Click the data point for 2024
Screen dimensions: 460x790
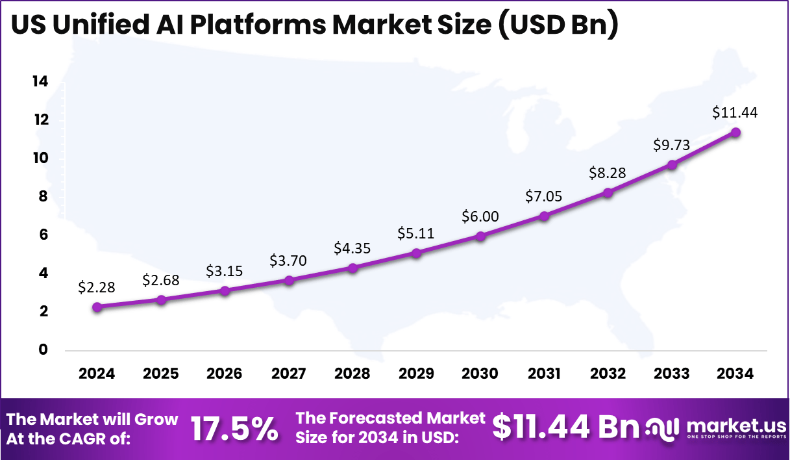[x=97, y=307]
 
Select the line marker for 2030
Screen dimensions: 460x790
[x=480, y=236]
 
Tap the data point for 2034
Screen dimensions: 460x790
[x=735, y=133]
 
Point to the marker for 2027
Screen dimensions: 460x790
[x=289, y=280]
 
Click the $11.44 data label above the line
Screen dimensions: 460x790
[x=735, y=112]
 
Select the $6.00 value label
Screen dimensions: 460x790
[x=480, y=216]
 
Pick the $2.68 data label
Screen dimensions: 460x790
[x=160, y=281]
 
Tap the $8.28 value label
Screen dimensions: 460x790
[x=608, y=173]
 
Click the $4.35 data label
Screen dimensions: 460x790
[x=352, y=248]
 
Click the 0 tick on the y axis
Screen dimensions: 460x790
[x=43, y=350]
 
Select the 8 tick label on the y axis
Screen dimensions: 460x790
[x=43, y=197]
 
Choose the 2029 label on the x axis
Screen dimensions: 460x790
[x=416, y=374]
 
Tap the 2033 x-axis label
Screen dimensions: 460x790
[x=672, y=374]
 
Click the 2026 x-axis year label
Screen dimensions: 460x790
[x=225, y=374]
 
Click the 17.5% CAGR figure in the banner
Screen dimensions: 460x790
[x=234, y=429]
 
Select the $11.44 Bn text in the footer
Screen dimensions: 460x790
[x=565, y=427]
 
